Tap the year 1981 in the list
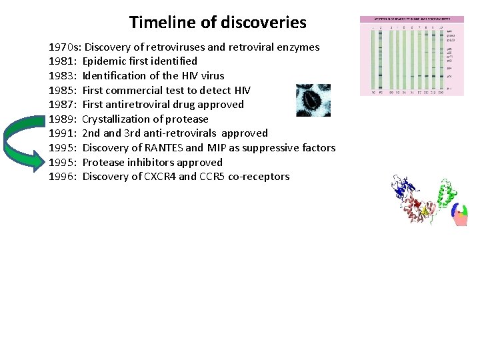pos(62,61)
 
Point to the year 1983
pos(62,76)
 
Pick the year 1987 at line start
pos(62,105)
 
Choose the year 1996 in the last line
pos(62,177)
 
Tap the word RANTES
pos(163,148)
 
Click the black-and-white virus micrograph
pos(313,100)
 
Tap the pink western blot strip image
pos(412,56)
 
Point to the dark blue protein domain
pos(402,187)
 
